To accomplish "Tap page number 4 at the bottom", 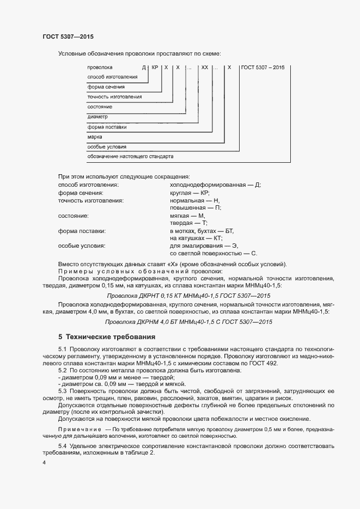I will tap(44, 463).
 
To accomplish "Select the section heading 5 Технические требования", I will tap(107, 336).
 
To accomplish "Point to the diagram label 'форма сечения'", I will tap(106, 87).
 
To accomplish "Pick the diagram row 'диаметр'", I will tap(97, 117).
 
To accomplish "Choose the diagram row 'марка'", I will tap(95, 137).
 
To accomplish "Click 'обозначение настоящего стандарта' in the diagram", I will tap(130, 156).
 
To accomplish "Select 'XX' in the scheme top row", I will tap(204, 68).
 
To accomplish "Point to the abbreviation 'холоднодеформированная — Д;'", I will tap(215, 185).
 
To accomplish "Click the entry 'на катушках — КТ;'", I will tap(195, 238).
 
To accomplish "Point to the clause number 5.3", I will tap(62, 391).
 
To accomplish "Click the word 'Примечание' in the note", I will tap(76, 430).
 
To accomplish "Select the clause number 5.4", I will tap(62, 446).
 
